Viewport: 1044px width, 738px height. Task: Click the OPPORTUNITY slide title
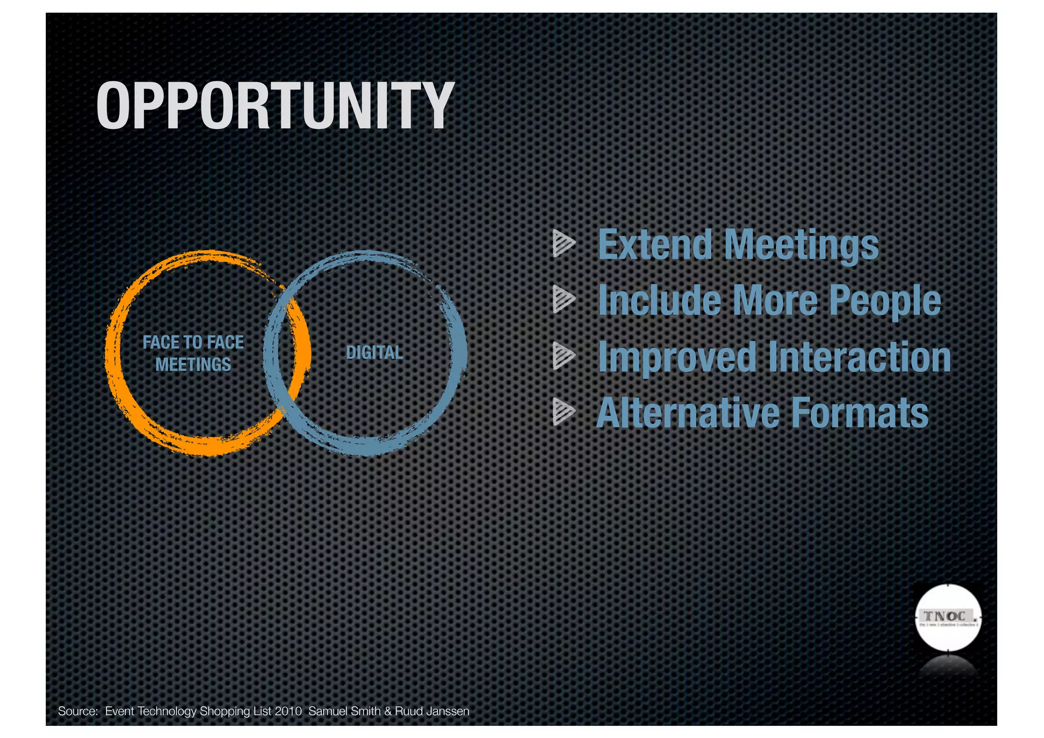(275, 106)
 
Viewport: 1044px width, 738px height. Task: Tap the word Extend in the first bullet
(655, 245)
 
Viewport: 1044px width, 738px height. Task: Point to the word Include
(659, 300)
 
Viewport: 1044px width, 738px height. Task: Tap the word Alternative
(688, 413)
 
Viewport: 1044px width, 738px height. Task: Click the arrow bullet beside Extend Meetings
(563, 243)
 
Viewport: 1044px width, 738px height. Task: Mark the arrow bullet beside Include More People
(563, 299)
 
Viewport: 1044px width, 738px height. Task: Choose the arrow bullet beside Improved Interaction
(563, 356)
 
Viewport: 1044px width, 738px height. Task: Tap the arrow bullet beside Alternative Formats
(563, 412)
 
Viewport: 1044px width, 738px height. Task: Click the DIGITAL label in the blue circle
(374, 352)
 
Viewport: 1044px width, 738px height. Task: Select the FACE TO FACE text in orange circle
(193, 342)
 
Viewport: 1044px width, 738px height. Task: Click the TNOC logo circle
(948, 618)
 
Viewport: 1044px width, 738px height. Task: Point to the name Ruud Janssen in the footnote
(432, 711)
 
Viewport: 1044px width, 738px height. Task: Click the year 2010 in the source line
(288, 711)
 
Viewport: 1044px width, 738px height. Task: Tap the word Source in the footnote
(77, 711)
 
